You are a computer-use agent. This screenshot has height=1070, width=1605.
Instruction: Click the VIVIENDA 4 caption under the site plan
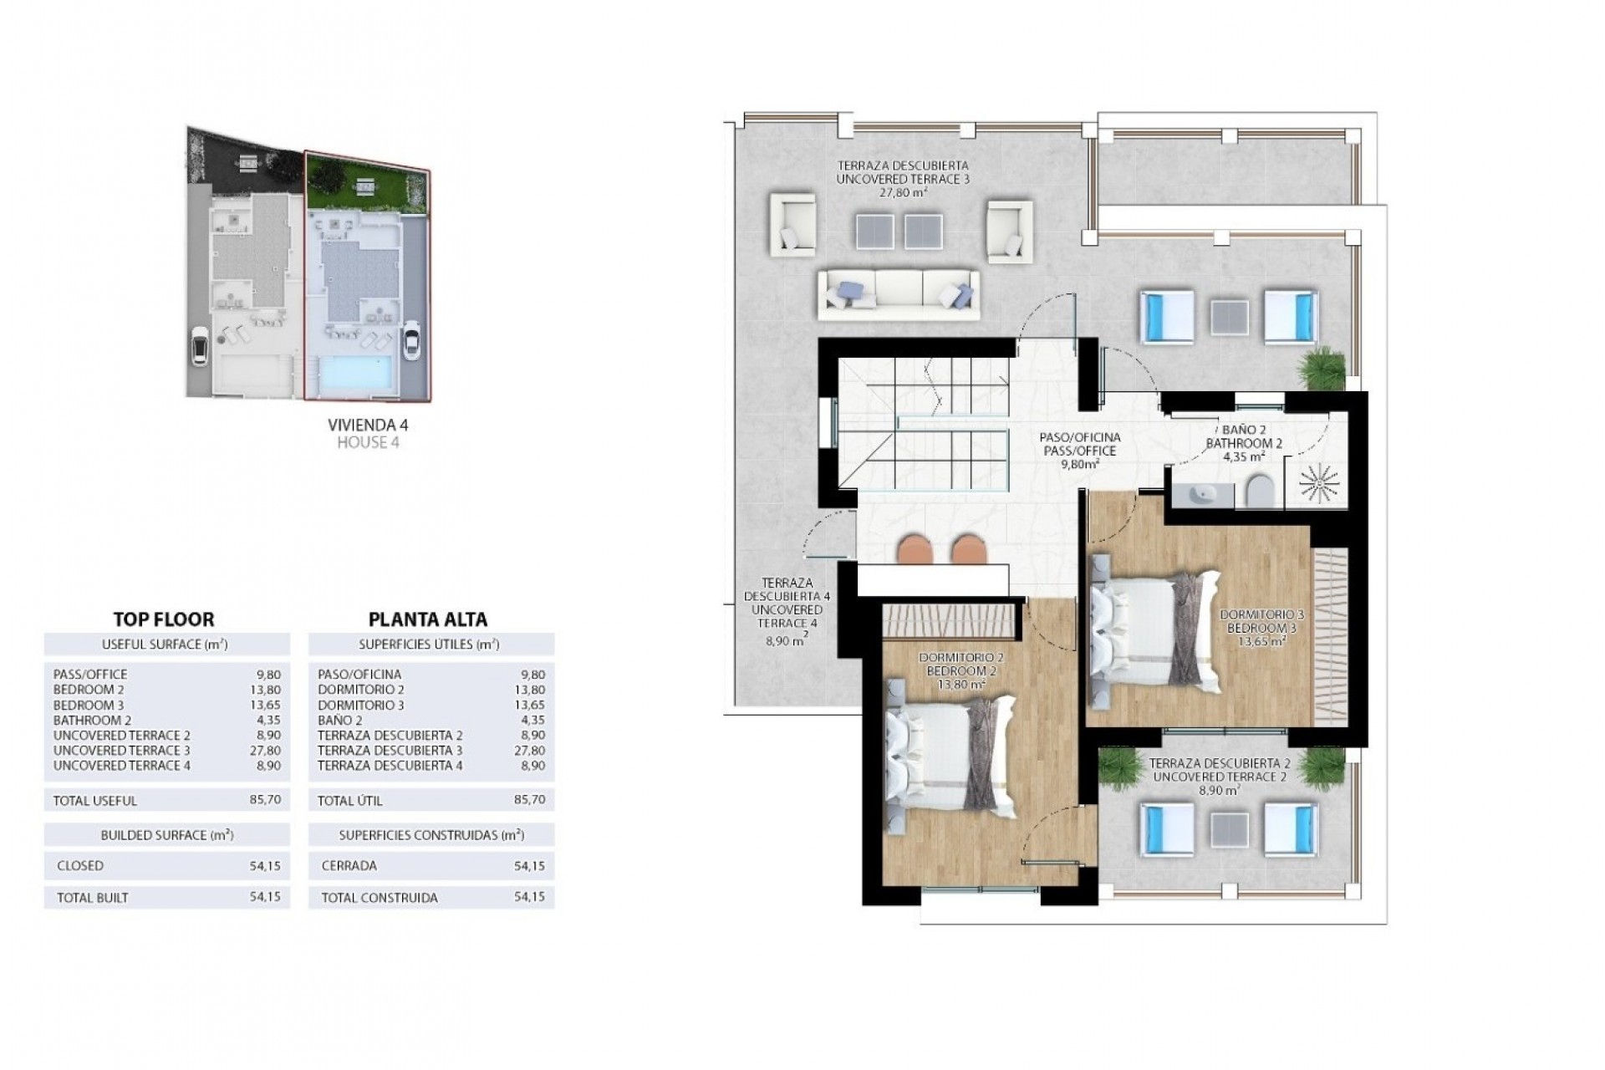[x=368, y=425]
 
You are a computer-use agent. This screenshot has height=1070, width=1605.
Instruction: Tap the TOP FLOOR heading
[x=164, y=619]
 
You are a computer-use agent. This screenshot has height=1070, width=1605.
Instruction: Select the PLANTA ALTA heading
[x=428, y=619]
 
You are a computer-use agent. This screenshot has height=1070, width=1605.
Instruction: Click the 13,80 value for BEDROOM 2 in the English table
[x=268, y=690]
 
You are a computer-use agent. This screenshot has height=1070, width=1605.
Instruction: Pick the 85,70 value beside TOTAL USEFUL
[x=268, y=800]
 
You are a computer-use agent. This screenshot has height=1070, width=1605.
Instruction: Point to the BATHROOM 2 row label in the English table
[x=92, y=721]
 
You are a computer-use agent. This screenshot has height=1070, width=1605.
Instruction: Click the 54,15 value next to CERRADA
[x=530, y=866]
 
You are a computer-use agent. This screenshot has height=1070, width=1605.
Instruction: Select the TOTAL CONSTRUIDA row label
[x=378, y=899]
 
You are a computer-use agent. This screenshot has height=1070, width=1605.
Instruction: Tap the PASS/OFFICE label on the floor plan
[x=1079, y=451]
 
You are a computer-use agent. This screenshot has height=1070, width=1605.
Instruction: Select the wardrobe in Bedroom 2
[x=950, y=619]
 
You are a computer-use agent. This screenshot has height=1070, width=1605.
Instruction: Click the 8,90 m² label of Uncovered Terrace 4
[x=787, y=641]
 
